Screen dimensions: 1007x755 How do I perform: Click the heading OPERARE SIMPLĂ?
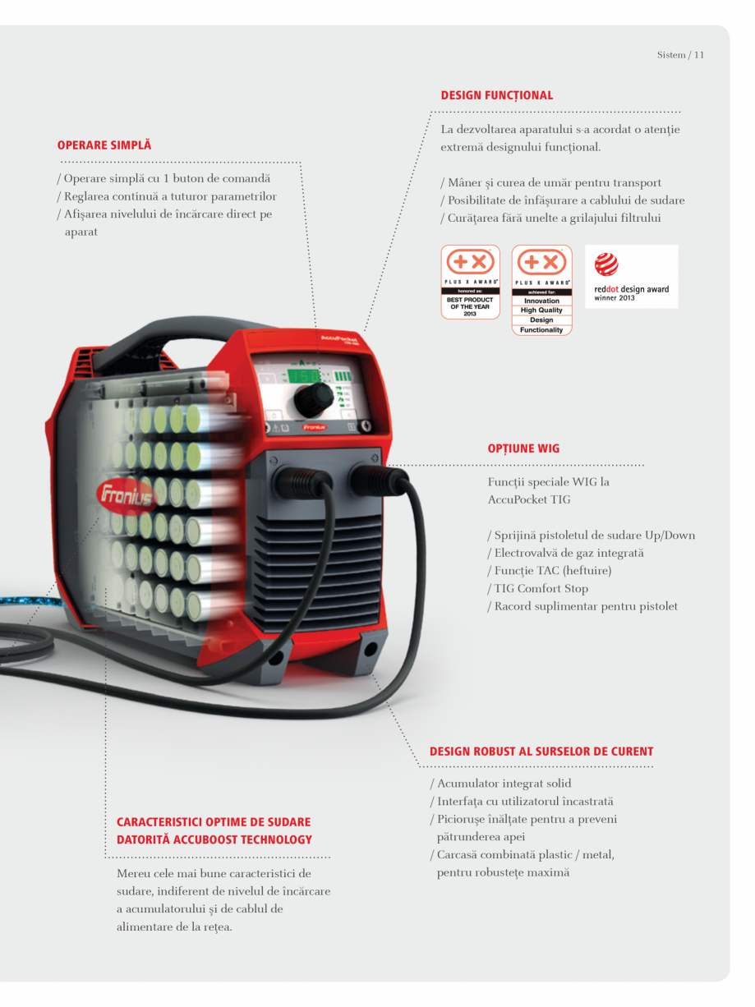tap(104, 145)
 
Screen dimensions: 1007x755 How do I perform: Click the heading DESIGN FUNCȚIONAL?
tap(497, 95)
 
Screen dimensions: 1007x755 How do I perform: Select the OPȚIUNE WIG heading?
tap(523, 449)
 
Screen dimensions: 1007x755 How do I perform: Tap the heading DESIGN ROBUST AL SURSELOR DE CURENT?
tap(541, 752)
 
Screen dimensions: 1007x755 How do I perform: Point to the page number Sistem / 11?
tap(680, 55)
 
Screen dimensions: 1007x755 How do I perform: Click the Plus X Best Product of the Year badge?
tap(471, 282)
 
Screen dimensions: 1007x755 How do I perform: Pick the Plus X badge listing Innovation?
tap(541, 290)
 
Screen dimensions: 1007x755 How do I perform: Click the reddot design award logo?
tap(631, 277)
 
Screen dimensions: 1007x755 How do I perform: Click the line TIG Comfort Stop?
tap(541, 588)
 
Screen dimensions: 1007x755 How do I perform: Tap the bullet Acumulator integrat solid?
tap(501, 784)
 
